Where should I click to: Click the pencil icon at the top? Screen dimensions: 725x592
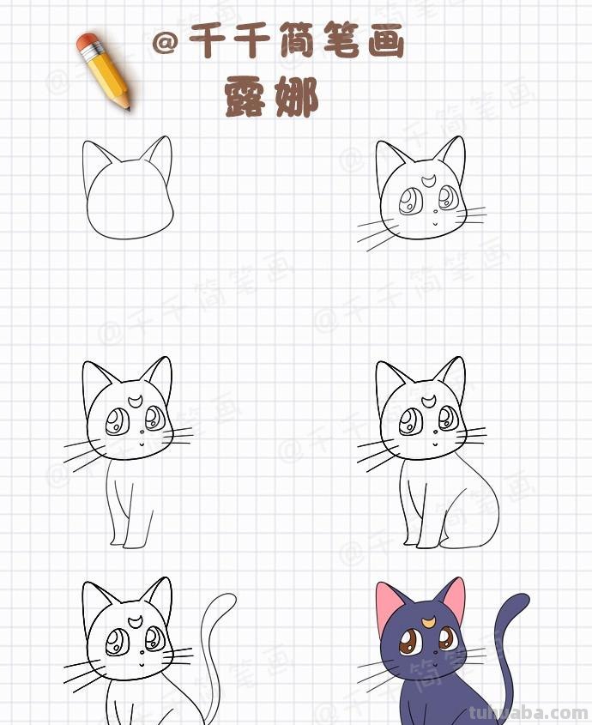104,71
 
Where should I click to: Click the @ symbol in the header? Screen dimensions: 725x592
165,43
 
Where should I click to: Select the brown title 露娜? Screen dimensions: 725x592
271,98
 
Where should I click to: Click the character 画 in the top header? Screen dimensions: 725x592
385,41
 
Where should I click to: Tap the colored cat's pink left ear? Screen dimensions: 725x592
390,607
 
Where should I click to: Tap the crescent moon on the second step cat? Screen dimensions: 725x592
430,181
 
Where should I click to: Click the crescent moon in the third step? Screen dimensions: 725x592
137,401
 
